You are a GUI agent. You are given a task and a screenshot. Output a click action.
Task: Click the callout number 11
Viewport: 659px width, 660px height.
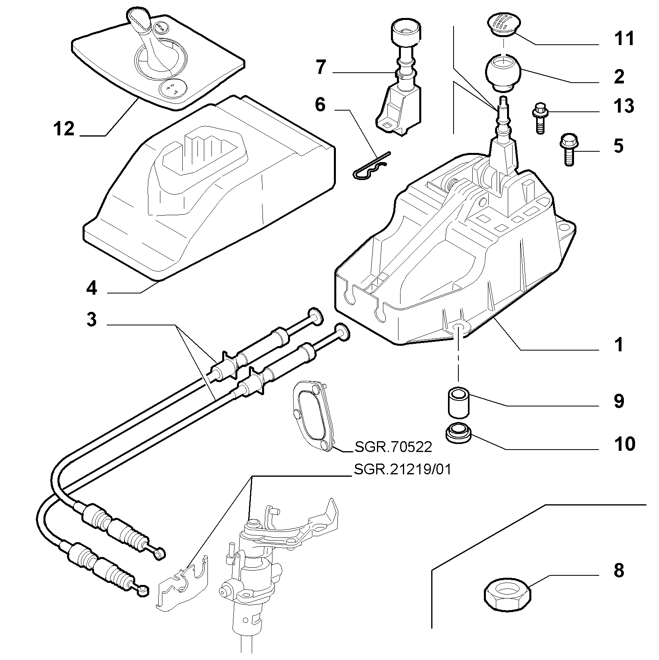click(x=623, y=39)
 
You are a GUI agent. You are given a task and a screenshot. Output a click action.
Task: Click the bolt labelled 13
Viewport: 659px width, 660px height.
click(x=540, y=118)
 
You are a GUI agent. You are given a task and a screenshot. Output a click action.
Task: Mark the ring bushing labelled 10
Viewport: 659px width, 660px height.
click(x=458, y=433)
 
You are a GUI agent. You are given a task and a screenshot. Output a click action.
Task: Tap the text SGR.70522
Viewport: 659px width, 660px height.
click(x=393, y=447)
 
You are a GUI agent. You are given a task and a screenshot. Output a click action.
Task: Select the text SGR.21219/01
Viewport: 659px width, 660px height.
click(x=402, y=470)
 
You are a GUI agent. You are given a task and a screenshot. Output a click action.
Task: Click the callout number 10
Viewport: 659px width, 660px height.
click(x=624, y=444)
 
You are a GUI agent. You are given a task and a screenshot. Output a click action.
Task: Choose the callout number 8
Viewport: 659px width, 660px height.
click(x=619, y=571)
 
